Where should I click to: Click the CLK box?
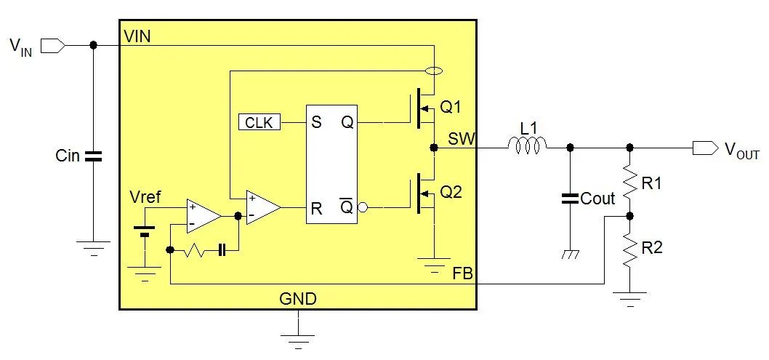(258, 122)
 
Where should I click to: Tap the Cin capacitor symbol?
(93, 156)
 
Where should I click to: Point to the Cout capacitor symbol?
(570, 198)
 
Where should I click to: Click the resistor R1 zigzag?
(629, 181)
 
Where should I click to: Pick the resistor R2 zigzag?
(629, 249)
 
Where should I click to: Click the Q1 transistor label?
(451, 107)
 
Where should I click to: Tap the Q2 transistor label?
(451, 193)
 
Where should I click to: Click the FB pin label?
(462, 274)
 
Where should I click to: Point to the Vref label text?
(145, 197)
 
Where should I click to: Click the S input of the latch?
(316, 122)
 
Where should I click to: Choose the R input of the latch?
(316, 209)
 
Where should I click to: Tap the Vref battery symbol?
(145, 231)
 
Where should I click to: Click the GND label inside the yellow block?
(298, 299)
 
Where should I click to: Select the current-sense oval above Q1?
(433, 71)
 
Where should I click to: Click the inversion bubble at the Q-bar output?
(363, 208)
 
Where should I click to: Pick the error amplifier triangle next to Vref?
(202, 215)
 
